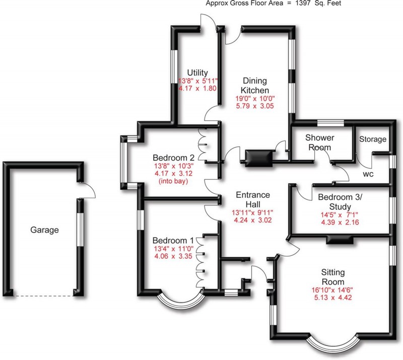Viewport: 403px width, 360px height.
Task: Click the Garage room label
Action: (x=44, y=230)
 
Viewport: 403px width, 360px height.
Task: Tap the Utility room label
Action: (x=197, y=73)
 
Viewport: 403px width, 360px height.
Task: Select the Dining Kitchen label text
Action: (x=254, y=85)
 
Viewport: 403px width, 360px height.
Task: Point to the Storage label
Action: (x=373, y=139)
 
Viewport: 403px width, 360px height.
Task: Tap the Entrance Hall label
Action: (x=253, y=199)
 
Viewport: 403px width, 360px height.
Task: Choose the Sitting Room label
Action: (x=333, y=277)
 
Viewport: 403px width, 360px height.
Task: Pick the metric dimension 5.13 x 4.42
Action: (x=333, y=299)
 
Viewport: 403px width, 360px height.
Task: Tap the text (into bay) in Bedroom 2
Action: (x=172, y=181)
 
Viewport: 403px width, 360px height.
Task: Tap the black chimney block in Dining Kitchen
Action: (x=258, y=158)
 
